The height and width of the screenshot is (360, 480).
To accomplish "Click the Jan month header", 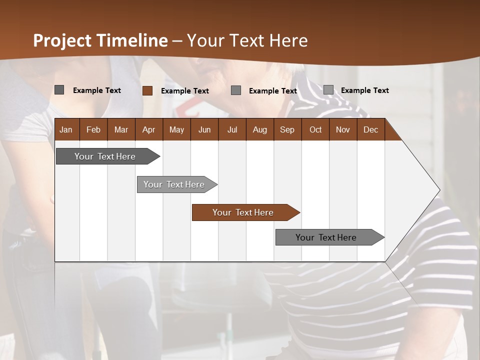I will pyautogui.click(x=66, y=129).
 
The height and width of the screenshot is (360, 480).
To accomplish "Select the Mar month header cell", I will pyautogui.click(x=121, y=129).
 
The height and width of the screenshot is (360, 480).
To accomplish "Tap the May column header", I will pyautogui.click(x=176, y=129).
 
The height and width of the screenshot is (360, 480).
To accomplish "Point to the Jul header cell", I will pyautogui.click(x=232, y=129).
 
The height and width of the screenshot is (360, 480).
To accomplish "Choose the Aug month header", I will pyautogui.click(x=259, y=129).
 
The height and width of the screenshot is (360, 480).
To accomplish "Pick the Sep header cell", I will pyautogui.click(x=287, y=129).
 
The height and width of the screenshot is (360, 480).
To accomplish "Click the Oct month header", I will pyautogui.click(x=315, y=129).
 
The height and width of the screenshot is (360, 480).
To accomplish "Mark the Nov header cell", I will pyautogui.click(x=343, y=129).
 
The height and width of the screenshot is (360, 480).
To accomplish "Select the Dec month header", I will pyautogui.click(x=370, y=129).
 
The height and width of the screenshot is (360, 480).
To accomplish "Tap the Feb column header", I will pyautogui.click(x=93, y=129).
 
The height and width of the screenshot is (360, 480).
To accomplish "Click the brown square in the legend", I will pyautogui.click(x=147, y=90).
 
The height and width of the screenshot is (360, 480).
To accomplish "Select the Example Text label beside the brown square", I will pyautogui.click(x=185, y=91).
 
